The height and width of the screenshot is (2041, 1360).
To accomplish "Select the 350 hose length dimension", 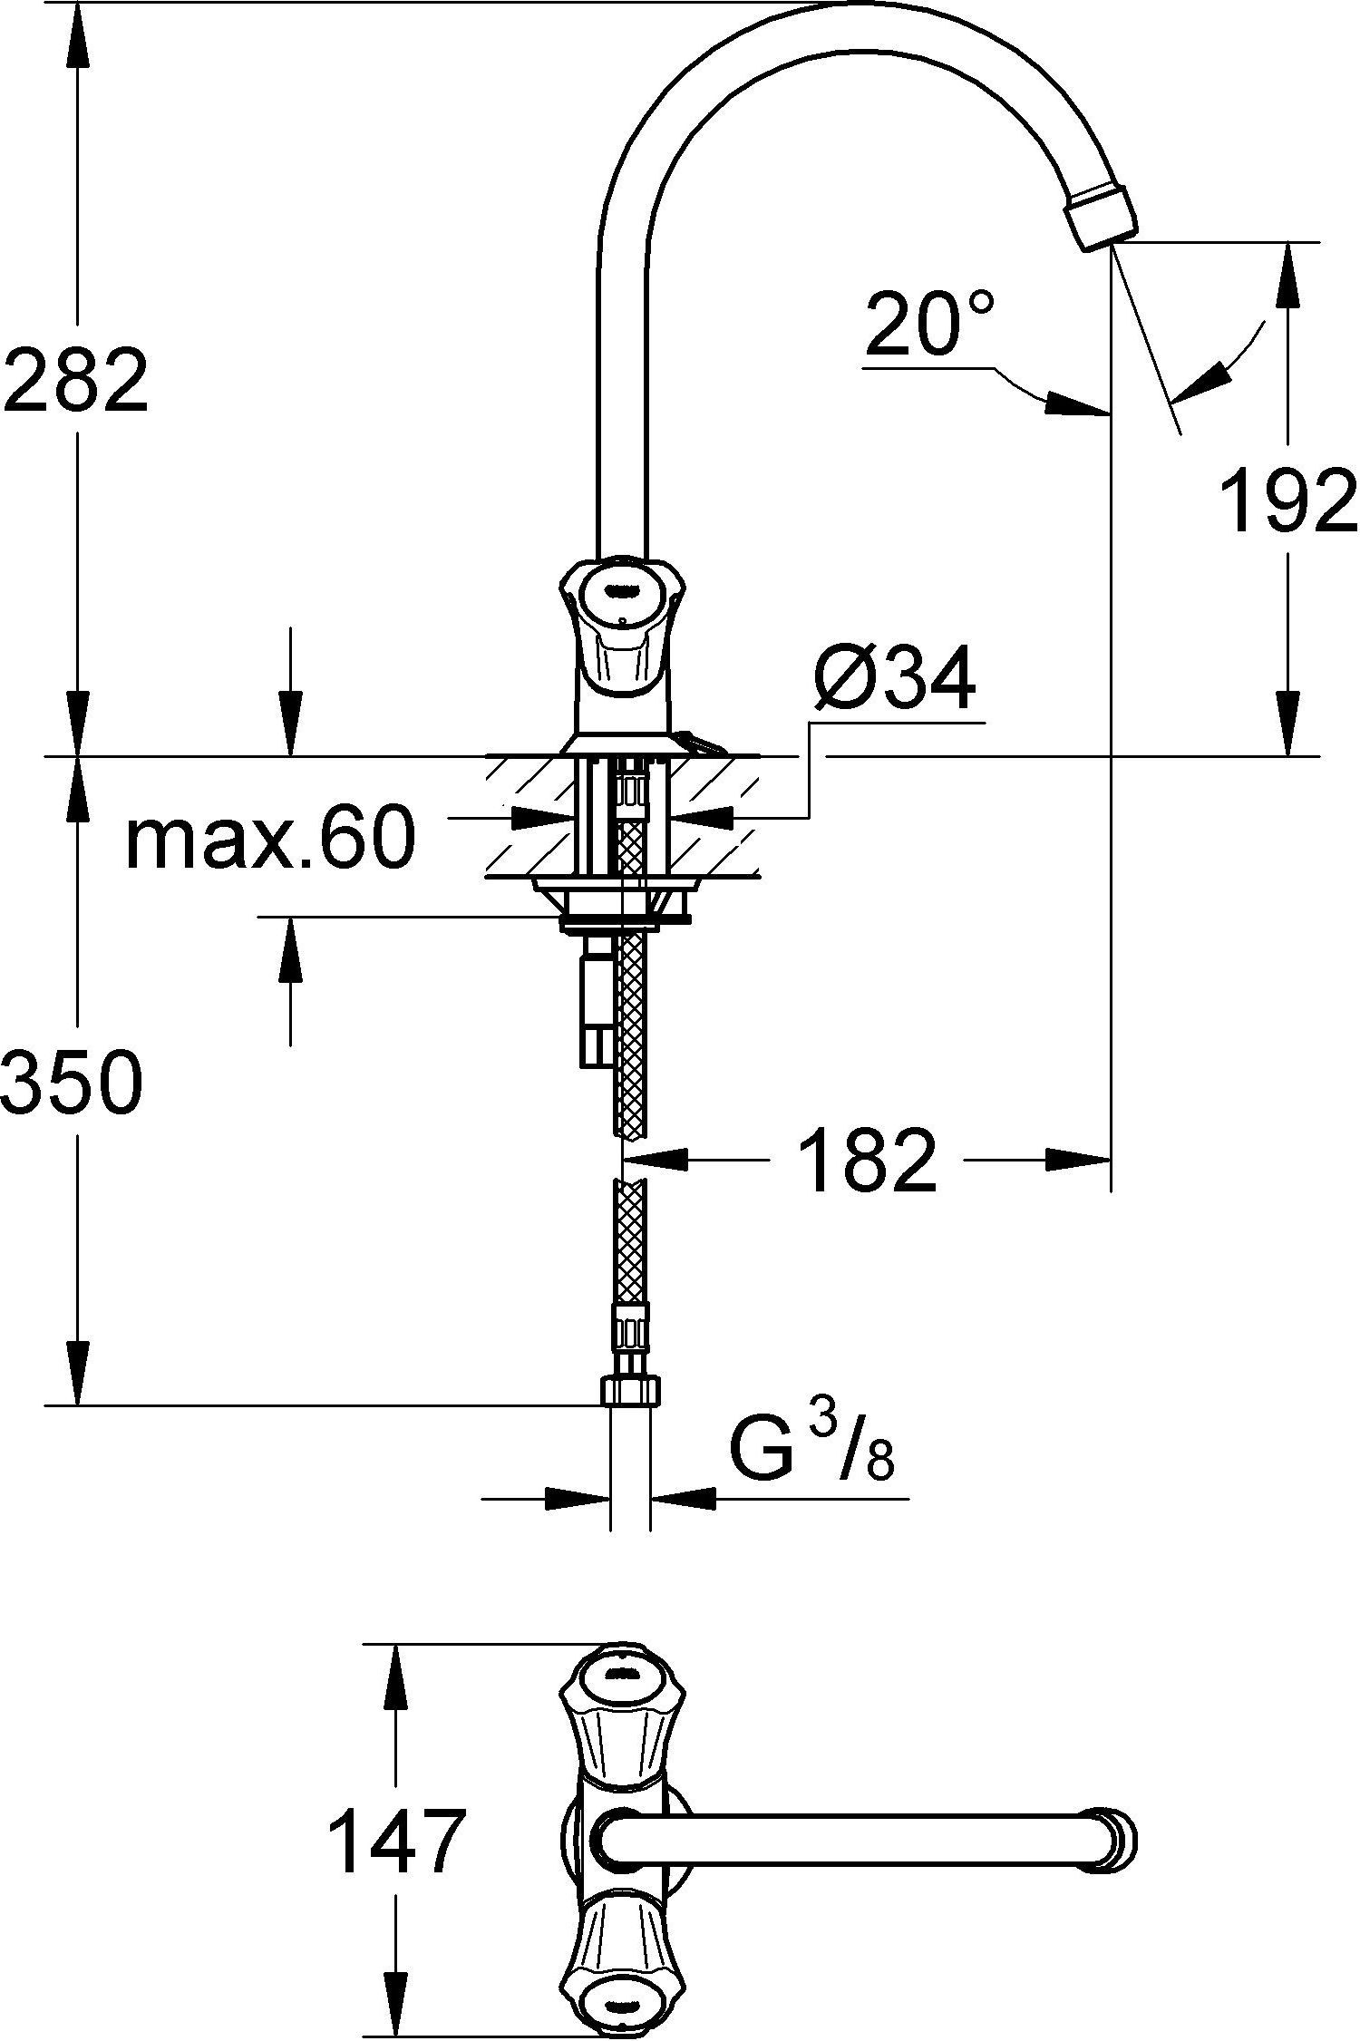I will point(73,1084).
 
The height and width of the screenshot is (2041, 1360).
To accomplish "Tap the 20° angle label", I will point(928,324).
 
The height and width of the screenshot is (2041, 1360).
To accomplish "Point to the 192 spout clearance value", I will point(1287,501).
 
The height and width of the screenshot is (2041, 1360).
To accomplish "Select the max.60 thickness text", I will point(270,839).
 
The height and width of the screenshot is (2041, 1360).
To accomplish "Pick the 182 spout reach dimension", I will point(869,1160).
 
